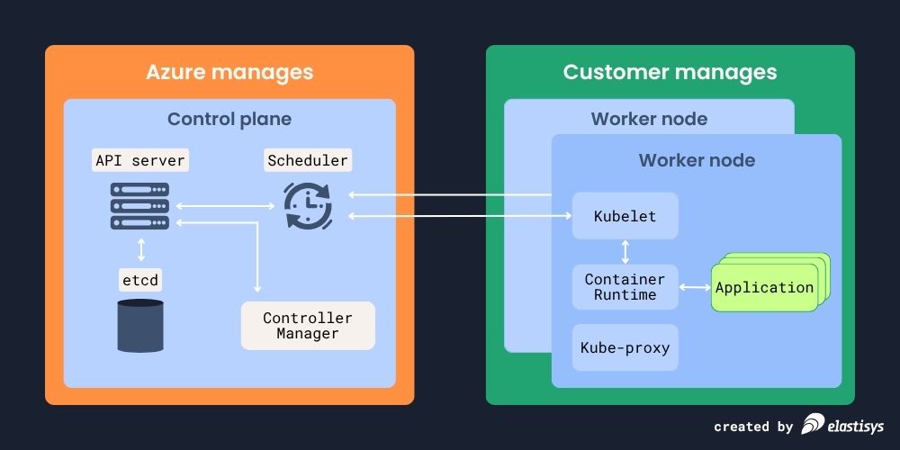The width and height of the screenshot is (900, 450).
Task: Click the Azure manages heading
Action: [229, 72]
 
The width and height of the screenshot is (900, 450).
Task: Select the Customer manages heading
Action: [670, 72]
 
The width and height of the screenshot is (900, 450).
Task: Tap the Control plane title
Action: [229, 119]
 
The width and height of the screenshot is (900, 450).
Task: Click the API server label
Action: [139, 161]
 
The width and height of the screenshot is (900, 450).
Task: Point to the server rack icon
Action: [139, 206]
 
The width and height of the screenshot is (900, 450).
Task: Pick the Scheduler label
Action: [308, 161]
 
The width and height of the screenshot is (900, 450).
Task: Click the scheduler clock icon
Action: [308, 206]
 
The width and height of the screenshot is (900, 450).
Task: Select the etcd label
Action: [139, 281]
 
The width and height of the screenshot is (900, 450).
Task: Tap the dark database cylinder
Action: [140, 326]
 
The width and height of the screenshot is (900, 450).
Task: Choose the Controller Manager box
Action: [308, 326]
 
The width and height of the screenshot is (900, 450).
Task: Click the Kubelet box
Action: [625, 216]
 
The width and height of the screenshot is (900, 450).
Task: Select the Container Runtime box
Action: [625, 287]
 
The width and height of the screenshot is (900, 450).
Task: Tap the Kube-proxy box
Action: [625, 348]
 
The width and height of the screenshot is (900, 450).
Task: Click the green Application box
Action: [764, 288]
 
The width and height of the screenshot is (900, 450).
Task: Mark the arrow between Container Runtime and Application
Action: [694, 288]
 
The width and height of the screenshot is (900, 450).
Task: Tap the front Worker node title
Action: [697, 161]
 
